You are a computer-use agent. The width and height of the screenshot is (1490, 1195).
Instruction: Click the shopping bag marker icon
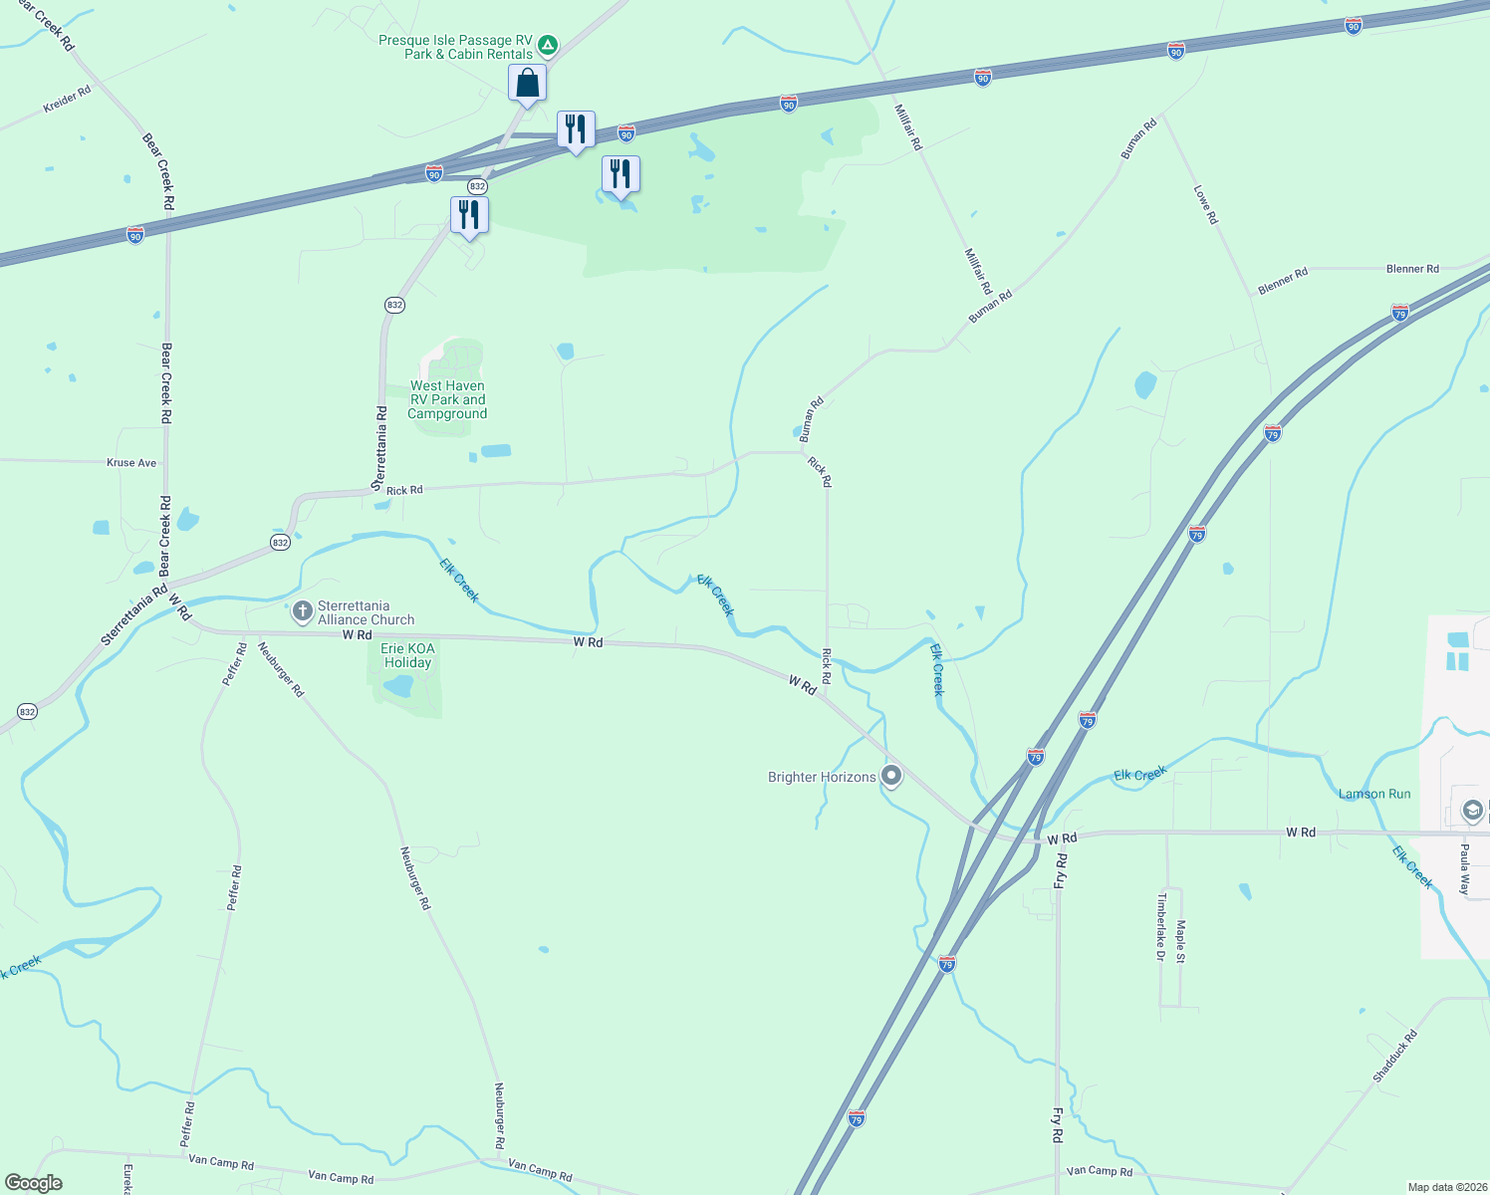coord(527,83)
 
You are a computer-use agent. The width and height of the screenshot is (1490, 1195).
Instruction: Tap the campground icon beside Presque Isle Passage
coord(547,46)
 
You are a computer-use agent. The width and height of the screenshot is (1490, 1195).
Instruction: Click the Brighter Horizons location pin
coord(891,775)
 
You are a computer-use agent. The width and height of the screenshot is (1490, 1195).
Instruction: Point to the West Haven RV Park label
coord(447,399)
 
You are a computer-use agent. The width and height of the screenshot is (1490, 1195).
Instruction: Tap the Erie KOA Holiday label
coord(407,655)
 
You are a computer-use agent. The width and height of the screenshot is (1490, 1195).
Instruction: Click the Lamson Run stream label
coord(1374,794)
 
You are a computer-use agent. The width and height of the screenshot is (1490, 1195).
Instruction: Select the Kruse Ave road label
coord(131,463)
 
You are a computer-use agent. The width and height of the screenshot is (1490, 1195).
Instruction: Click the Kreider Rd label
coord(67,99)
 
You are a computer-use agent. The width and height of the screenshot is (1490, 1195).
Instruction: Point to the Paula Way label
coord(1464,869)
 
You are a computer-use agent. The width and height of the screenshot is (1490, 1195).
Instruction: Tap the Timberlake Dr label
coord(1160,926)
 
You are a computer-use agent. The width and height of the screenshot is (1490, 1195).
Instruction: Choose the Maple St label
coord(1180,941)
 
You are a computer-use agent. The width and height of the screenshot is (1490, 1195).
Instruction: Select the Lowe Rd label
coord(1205,204)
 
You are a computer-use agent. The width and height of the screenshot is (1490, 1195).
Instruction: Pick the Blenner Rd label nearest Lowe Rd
coord(1283,281)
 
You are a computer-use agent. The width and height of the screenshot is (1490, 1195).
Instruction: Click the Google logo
coord(34,1183)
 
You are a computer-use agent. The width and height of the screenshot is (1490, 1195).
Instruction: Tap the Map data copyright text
coord(1444,1187)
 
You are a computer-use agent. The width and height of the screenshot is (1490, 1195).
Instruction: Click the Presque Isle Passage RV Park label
coord(455,48)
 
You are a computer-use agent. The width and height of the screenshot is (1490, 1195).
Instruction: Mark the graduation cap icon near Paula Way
coord(1472,811)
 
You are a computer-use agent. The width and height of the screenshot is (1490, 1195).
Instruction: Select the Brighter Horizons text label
coord(822,778)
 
